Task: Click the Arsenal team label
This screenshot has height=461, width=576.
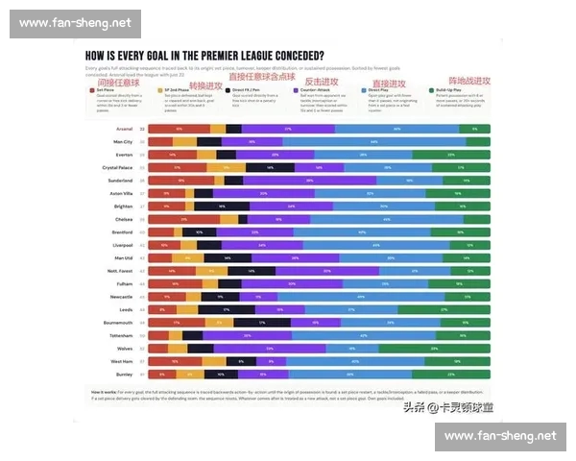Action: (126, 128)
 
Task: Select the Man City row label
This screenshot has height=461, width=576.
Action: (124, 141)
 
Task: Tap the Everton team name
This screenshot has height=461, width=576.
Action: (126, 154)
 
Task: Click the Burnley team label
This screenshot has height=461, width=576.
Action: (126, 374)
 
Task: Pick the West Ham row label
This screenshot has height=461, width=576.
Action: (124, 361)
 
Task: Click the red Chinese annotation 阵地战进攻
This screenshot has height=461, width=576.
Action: (468, 81)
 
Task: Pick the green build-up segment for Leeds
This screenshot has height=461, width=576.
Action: (444, 309)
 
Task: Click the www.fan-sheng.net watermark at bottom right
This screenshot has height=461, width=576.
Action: (501, 437)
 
